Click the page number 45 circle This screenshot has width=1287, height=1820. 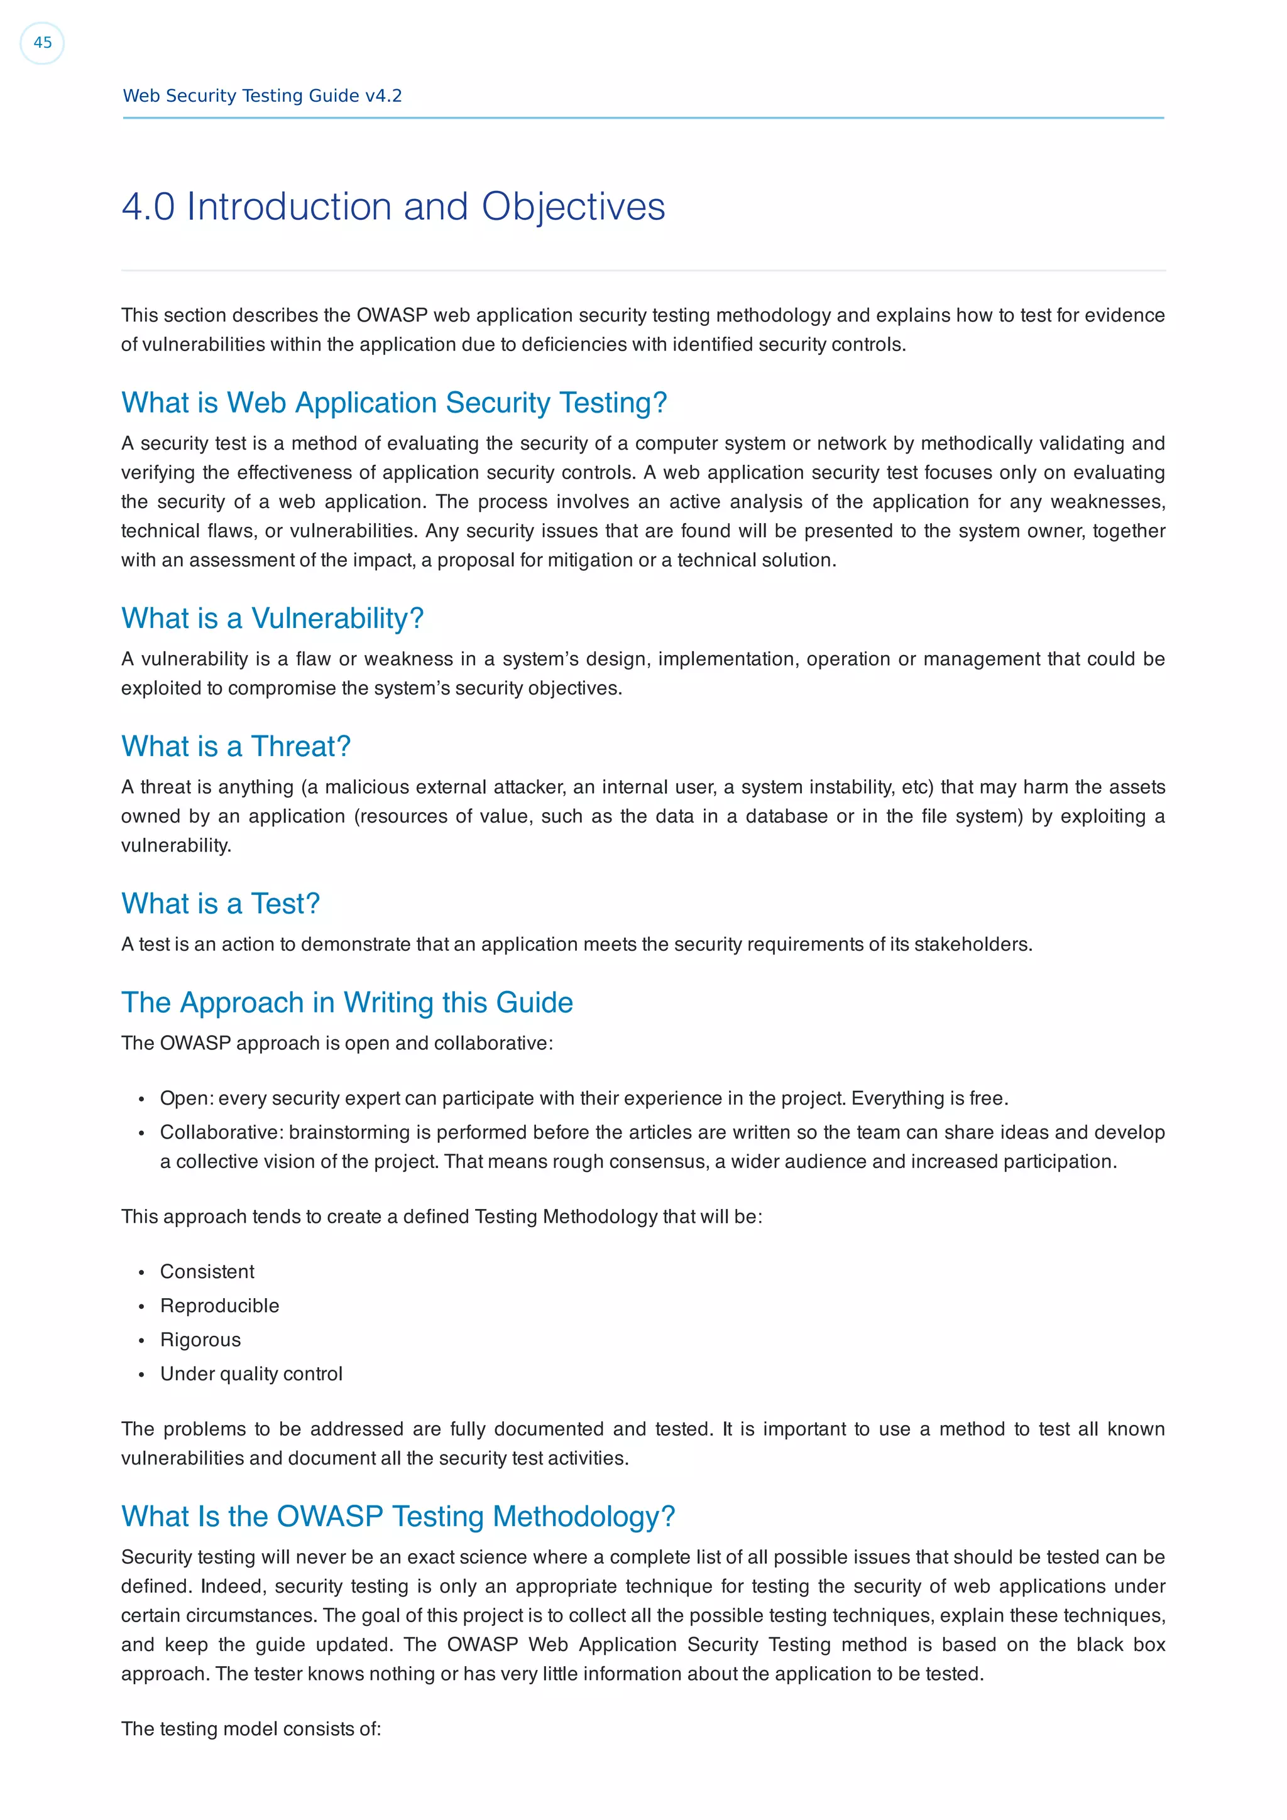pyautogui.click(x=42, y=43)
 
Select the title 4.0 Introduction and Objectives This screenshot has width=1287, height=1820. pyautogui.click(x=393, y=207)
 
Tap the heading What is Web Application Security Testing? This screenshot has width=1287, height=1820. pyautogui.click(x=393, y=403)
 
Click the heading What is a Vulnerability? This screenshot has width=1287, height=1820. pyautogui.click(x=272, y=619)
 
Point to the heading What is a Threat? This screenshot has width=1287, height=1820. pyautogui.click(x=236, y=747)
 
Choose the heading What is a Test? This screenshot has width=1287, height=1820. pyautogui.click(x=220, y=904)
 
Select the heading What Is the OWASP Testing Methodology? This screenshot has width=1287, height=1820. pyautogui.click(x=397, y=1517)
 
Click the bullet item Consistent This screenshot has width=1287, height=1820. pyautogui.click(x=207, y=1272)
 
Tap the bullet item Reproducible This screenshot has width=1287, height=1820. pyautogui.click(x=220, y=1306)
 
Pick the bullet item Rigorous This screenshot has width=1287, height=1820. pyautogui.click(x=200, y=1340)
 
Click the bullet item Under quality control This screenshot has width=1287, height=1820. pyautogui.click(x=251, y=1373)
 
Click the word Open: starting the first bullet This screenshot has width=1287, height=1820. pyautogui.click(x=187, y=1098)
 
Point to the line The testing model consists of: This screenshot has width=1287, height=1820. pyautogui.click(x=251, y=1729)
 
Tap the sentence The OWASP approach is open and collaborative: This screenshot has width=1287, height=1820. pyautogui.click(x=336, y=1043)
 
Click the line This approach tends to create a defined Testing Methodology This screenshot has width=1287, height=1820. pyautogui.click(x=441, y=1216)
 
